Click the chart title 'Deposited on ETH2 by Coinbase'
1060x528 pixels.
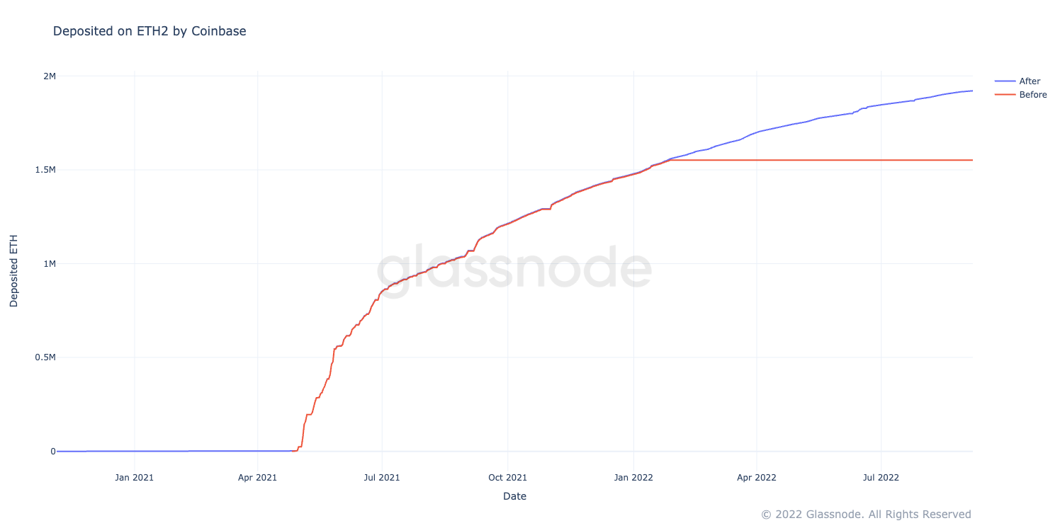150,31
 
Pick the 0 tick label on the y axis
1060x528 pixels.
52,452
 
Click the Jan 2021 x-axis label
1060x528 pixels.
134,478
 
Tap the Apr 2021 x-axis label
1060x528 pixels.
258,478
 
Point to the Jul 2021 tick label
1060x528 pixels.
382,478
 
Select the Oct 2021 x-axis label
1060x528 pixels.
508,478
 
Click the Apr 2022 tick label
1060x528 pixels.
757,478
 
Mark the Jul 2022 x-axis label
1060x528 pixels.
881,478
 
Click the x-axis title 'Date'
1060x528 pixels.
514,497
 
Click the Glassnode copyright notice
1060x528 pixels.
866,515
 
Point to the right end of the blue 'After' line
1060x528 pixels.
972,91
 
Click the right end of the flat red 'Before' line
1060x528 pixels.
972,160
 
